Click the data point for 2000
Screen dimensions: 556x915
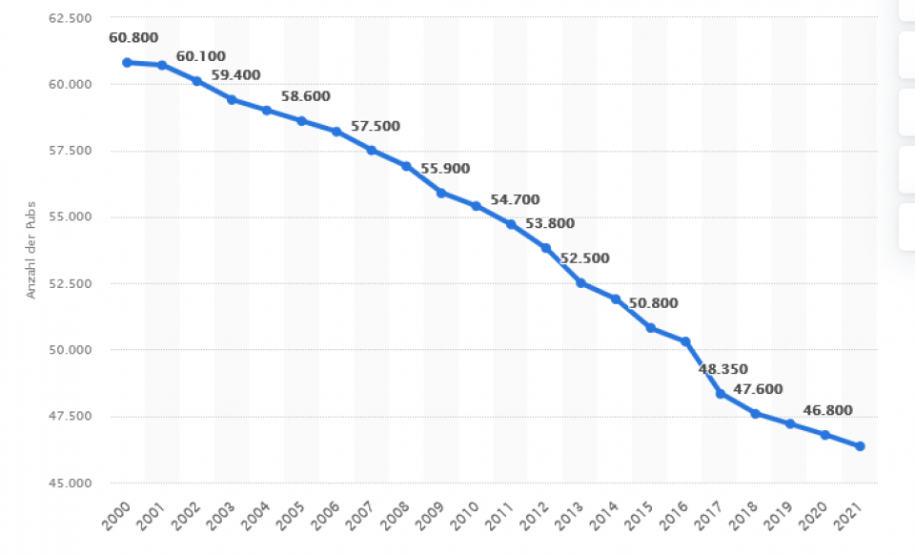[127, 62]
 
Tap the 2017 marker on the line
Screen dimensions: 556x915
[720, 393]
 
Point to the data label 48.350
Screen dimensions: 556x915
[723, 369]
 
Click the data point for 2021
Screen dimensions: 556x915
[860, 446]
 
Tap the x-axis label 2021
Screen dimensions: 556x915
[852, 518]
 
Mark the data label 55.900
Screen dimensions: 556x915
[445, 168]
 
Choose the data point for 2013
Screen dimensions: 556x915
[580, 283]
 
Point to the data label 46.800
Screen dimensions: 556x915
[827, 411]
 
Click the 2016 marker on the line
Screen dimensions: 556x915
[685, 341]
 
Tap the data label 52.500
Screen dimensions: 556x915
[584, 258]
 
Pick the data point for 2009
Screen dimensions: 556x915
[440, 193]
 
